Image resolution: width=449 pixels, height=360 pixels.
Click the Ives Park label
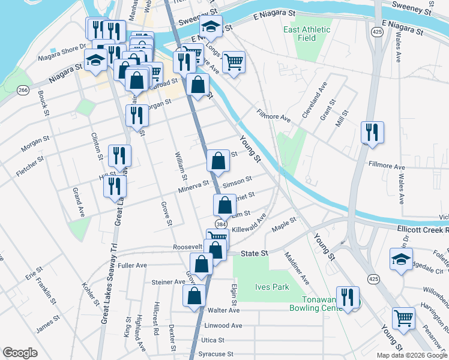[273, 287]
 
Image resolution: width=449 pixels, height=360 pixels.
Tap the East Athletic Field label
[307, 34]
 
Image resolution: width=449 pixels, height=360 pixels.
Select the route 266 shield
[23, 90]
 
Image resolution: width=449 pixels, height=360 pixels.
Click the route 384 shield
[221, 224]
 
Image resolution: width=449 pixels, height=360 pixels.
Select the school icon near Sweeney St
[211, 26]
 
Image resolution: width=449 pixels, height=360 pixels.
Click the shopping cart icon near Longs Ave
[234, 61]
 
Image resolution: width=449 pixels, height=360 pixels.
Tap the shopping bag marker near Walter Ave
[194, 296]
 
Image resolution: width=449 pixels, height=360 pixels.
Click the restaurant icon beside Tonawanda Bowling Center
[348, 297]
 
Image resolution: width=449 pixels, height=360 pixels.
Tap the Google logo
[20, 353]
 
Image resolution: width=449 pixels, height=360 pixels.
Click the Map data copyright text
[411, 355]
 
